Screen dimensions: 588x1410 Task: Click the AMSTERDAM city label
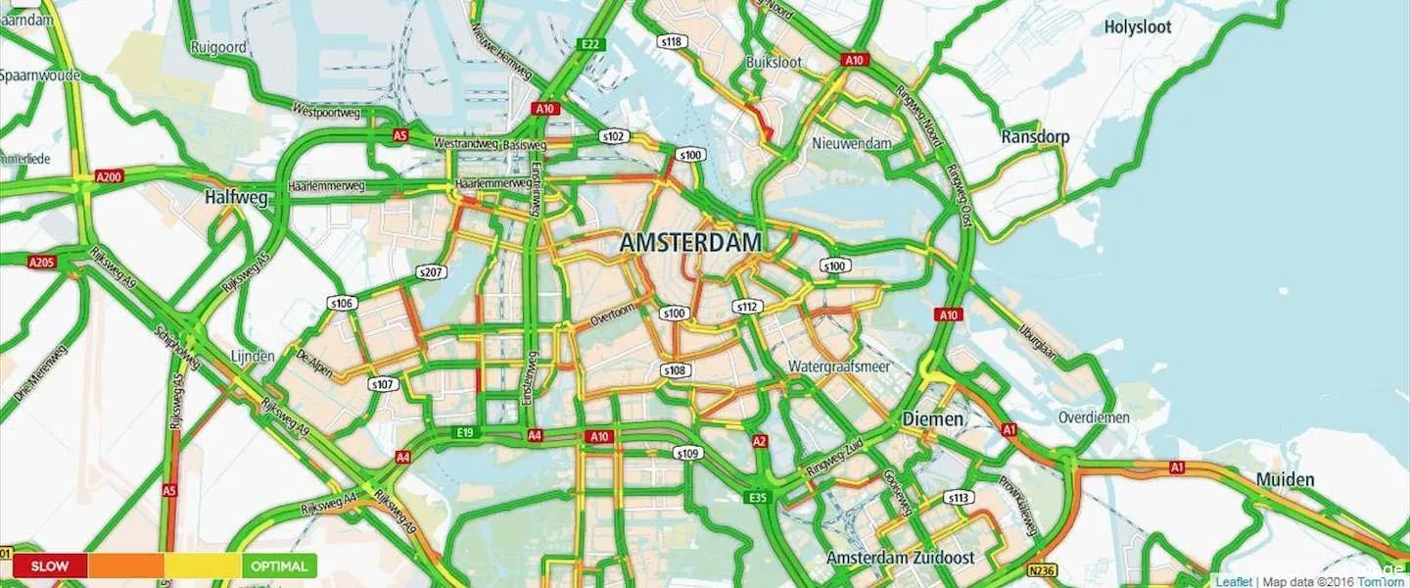(x=691, y=243)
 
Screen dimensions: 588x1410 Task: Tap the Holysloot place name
(x=1137, y=27)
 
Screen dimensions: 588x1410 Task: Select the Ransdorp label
(x=1035, y=137)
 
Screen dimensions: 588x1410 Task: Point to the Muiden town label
(x=1285, y=480)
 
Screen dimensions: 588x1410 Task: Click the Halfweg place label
(x=236, y=197)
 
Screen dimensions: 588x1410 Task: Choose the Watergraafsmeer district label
(x=837, y=367)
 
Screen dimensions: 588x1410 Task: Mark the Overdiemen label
(x=1094, y=417)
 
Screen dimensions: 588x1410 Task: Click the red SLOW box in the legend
(x=50, y=565)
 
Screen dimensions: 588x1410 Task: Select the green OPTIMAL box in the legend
(x=279, y=565)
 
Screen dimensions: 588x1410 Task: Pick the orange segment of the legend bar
(x=125, y=565)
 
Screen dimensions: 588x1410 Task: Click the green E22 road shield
(x=589, y=44)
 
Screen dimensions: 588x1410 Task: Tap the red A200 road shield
(x=109, y=177)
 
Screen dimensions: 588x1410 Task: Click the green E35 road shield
(x=756, y=499)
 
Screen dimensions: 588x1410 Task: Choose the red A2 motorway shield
(x=759, y=442)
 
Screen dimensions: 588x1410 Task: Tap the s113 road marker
(x=959, y=498)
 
